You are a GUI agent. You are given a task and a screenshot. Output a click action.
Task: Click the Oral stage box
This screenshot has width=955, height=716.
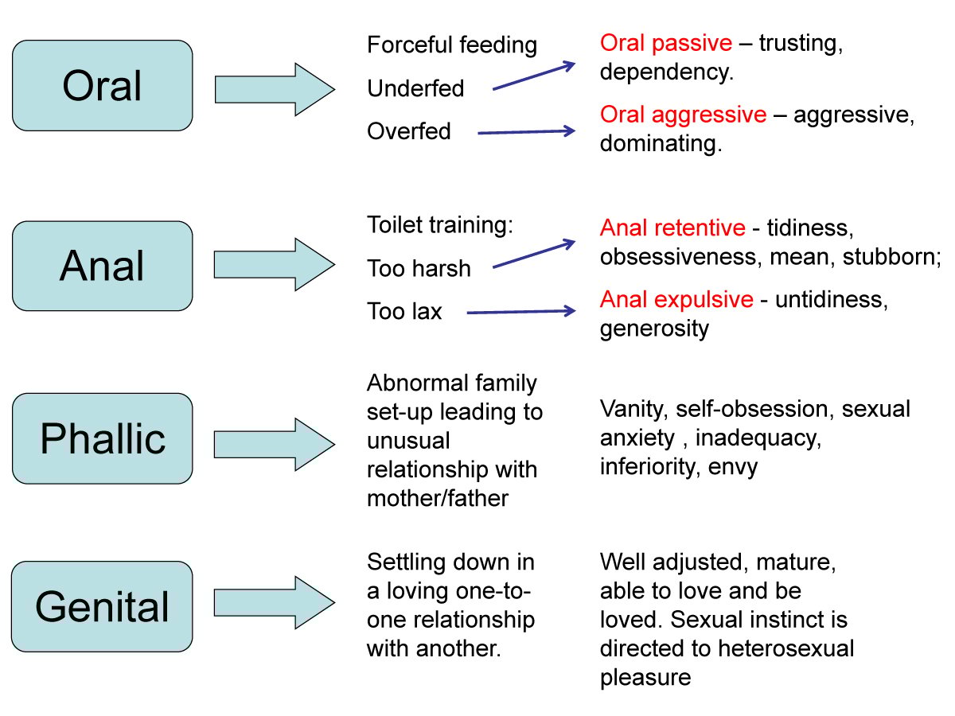click(x=102, y=86)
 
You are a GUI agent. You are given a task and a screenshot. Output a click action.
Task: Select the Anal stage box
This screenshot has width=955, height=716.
click(x=102, y=266)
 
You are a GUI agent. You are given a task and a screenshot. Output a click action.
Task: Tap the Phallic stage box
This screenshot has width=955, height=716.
click(x=102, y=438)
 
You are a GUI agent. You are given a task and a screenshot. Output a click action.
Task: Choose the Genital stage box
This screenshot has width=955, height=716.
click(x=102, y=606)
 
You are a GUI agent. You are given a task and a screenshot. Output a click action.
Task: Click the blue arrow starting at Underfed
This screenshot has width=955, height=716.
click(x=533, y=76)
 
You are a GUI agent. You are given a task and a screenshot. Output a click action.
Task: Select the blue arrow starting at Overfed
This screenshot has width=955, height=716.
click(x=525, y=132)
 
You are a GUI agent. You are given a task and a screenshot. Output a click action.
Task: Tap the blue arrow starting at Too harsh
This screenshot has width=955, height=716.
click(x=533, y=254)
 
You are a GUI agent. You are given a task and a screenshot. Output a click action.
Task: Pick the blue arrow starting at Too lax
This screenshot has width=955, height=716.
click(x=520, y=312)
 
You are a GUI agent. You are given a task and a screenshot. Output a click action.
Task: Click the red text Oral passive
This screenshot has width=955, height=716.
click(x=665, y=43)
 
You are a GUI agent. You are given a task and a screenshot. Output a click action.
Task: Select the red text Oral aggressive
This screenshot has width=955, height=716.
click(x=683, y=115)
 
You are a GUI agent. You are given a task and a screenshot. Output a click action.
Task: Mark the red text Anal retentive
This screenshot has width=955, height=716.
click(x=672, y=228)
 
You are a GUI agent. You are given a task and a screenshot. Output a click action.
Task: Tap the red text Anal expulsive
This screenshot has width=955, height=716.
click(x=676, y=299)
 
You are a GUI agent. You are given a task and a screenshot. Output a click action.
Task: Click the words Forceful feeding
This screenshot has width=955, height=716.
click(x=452, y=45)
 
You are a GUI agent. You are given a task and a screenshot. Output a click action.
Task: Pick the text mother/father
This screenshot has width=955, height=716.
click(x=437, y=498)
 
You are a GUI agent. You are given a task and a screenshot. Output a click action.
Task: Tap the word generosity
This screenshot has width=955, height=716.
click(x=653, y=329)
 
